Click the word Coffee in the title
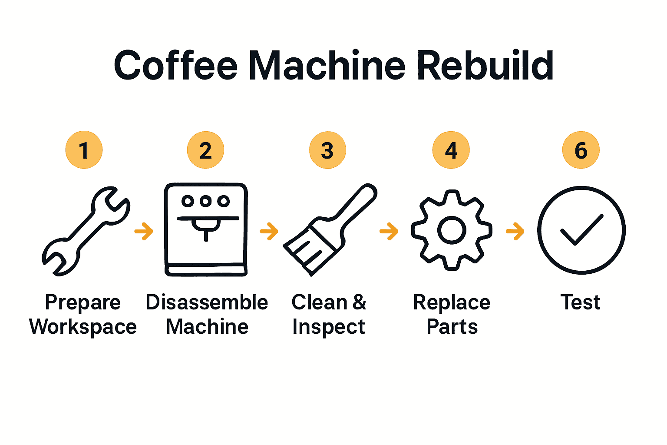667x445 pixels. pyautogui.click(x=175, y=66)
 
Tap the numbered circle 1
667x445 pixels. pyautogui.click(x=84, y=150)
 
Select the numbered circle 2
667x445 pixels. pyautogui.click(x=205, y=150)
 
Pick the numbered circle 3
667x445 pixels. pyautogui.click(x=327, y=150)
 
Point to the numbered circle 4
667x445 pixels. pyautogui.click(x=451, y=150)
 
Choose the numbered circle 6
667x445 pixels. pyautogui.click(x=581, y=150)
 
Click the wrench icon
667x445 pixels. pyautogui.click(x=86, y=231)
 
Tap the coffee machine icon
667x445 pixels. pyautogui.click(x=206, y=229)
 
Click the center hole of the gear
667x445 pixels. pyautogui.click(x=452, y=230)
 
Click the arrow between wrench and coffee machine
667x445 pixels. pyautogui.click(x=144, y=231)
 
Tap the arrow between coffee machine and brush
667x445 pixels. pyautogui.click(x=269, y=231)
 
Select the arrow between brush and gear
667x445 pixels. pyautogui.click(x=389, y=231)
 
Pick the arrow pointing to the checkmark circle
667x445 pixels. pyautogui.click(x=515, y=231)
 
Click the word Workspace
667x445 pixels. pyautogui.click(x=83, y=327)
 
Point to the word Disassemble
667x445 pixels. pyautogui.click(x=207, y=302)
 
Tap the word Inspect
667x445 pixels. pyautogui.click(x=329, y=327)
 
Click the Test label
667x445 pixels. pyautogui.click(x=581, y=302)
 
